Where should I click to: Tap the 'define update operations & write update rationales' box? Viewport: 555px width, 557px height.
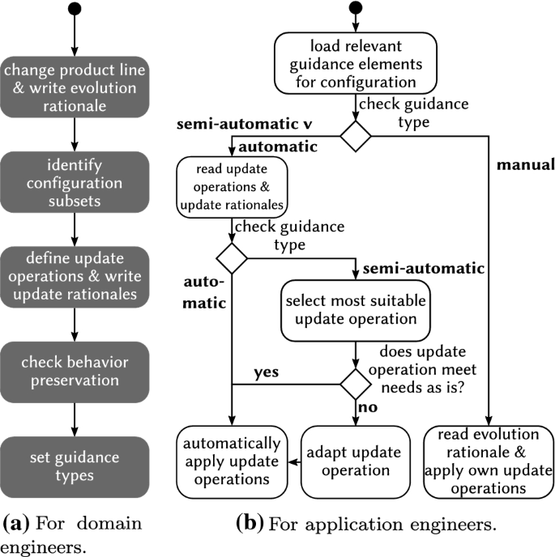[74, 273]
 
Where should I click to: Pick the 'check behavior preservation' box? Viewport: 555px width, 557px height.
[74, 369]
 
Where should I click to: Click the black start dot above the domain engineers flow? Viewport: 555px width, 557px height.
[74, 10]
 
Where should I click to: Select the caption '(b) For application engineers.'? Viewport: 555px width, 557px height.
[365, 523]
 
